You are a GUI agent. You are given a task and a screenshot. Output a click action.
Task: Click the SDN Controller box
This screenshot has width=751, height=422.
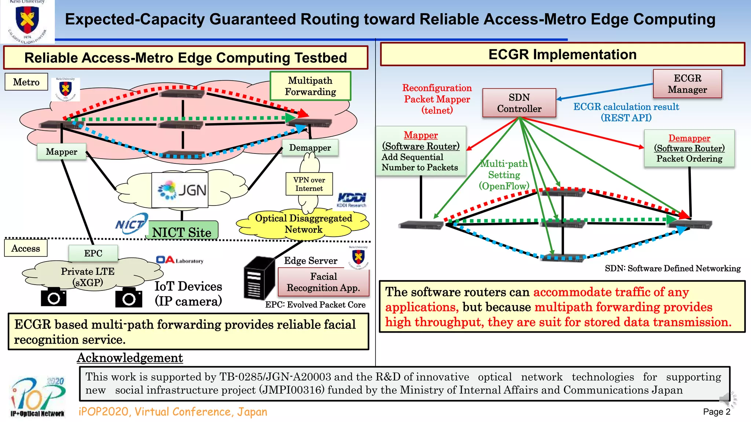(519, 103)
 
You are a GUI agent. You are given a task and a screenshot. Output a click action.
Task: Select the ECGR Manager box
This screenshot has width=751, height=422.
(687, 84)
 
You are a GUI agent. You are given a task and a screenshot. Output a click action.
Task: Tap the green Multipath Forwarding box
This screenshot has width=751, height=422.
(310, 86)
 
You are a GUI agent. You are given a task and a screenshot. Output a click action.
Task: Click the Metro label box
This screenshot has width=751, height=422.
(26, 82)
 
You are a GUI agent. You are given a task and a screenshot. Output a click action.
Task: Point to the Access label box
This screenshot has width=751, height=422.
(26, 248)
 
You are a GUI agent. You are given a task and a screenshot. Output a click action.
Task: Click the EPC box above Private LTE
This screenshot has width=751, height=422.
(93, 253)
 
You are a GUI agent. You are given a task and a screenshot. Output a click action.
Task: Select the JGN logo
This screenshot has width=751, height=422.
(180, 190)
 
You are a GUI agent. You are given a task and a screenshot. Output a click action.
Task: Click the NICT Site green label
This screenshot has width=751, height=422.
(182, 232)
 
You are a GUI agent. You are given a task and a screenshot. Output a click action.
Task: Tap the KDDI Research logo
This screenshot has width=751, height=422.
(351, 200)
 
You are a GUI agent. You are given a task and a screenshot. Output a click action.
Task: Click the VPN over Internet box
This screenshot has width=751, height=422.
(309, 184)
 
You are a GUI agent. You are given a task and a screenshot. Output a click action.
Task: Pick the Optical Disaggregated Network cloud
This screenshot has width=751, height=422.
(303, 224)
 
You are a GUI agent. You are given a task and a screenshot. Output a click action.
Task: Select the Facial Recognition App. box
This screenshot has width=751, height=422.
(323, 282)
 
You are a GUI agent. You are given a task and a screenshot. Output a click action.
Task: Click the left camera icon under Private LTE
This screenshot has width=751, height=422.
(54, 297)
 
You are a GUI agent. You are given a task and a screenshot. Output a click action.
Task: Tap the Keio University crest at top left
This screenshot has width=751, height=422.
(27, 21)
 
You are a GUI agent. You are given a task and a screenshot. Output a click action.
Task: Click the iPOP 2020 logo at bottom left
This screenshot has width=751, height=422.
(38, 397)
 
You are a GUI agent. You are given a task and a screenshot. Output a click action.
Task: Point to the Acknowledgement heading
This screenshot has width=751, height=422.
(130, 358)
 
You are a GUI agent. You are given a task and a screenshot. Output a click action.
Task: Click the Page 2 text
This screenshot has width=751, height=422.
(716, 412)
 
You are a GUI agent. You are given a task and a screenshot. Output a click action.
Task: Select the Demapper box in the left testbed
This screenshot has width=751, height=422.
(310, 148)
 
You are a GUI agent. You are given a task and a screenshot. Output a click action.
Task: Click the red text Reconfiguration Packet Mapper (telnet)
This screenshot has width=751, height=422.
(437, 99)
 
